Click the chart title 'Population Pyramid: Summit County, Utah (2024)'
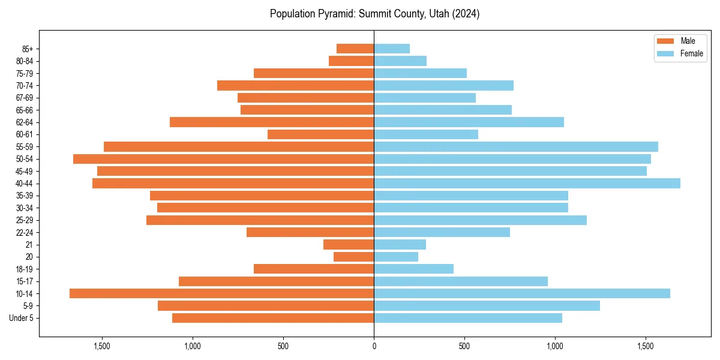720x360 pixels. point(374,14)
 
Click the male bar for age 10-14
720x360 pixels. point(221,293)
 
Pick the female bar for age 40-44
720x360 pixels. point(527,184)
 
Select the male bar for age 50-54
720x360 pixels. point(223,159)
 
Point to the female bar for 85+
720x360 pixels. point(392,49)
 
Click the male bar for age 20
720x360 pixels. point(353,257)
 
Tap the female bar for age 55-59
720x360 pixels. point(516,147)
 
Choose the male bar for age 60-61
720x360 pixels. point(320,134)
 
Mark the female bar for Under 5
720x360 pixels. point(468,318)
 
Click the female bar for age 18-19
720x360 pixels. point(413,269)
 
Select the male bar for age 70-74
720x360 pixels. point(295,86)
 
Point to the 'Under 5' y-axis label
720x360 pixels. point(22,318)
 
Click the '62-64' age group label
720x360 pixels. point(25,122)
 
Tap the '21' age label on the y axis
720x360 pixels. point(29,245)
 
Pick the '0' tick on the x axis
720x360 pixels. point(374,346)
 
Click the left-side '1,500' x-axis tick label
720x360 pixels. point(102,346)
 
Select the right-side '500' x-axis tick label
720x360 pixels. point(464,346)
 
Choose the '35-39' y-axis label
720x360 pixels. point(25,196)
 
